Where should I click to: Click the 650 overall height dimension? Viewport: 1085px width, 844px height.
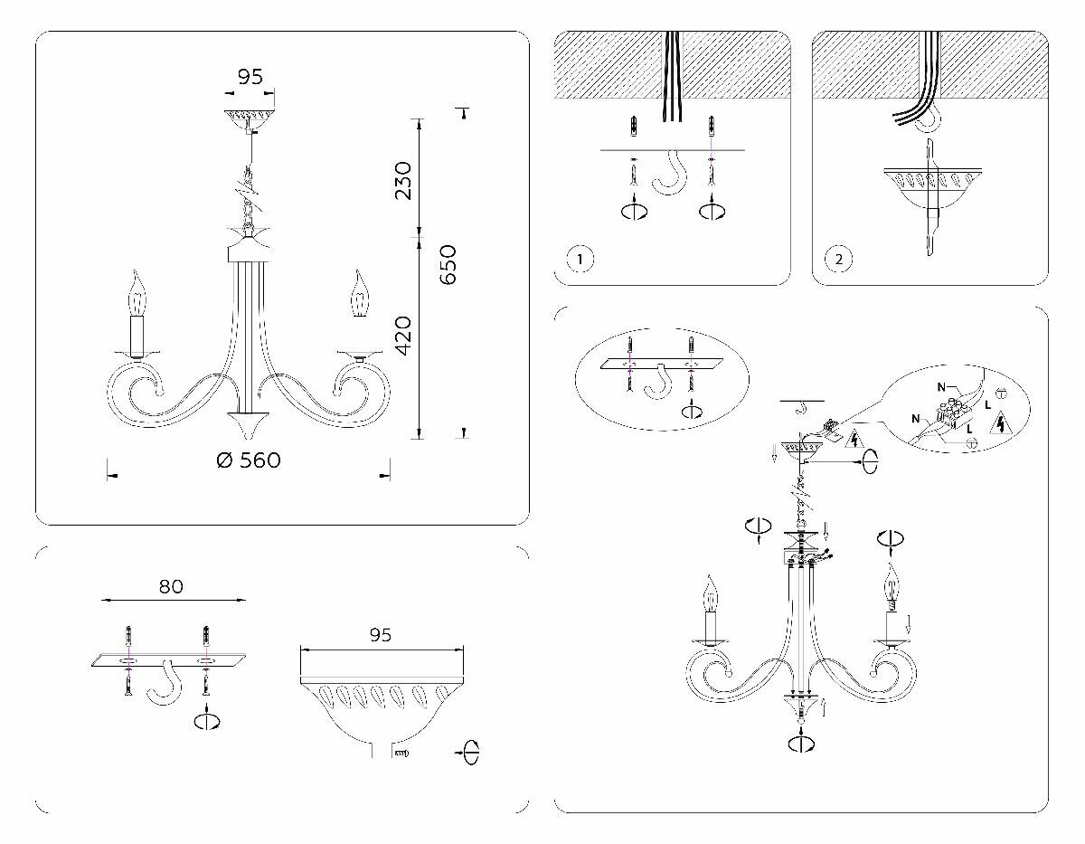pyautogui.click(x=448, y=264)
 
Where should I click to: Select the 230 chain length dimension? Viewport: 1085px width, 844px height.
pyautogui.click(x=402, y=179)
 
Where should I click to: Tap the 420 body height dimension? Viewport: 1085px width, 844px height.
pyautogui.click(x=402, y=335)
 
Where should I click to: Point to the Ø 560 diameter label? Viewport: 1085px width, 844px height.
pyautogui.click(x=249, y=460)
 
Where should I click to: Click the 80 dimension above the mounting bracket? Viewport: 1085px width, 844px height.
pyautogui.click(x=171, y=586)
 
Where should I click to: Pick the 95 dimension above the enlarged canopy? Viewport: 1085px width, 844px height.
pyautogui.click(x=381, y=635)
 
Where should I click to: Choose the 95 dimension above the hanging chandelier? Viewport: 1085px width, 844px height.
pyautogui.click(x=250, y=77)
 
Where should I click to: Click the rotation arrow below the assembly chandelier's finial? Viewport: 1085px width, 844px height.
pyautogui.click(x=801, y=744)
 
